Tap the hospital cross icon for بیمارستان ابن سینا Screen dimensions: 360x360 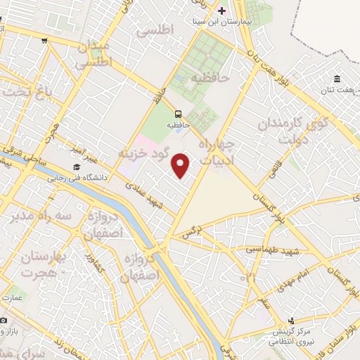point(222,11)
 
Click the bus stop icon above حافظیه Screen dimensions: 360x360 point(178,114)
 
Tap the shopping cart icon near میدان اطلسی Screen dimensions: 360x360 point(44,40)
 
